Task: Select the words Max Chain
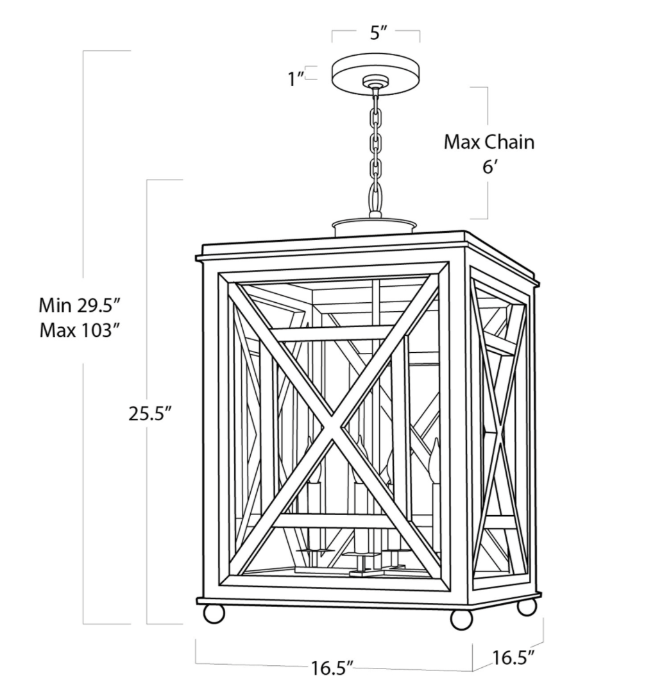[489, 142]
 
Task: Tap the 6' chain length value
[489, 167]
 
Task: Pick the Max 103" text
[80, 330]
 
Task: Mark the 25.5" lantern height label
[151, 414]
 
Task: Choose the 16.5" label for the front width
[333, 668]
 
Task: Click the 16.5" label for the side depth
[514, 658]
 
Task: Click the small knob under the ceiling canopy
[373, 83]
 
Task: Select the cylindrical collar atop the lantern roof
[374, 226]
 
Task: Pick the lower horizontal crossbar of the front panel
[334, 520]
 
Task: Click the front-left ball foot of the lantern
[214, 613]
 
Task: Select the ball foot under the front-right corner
[461, 618]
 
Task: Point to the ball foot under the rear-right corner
[527, 607]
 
